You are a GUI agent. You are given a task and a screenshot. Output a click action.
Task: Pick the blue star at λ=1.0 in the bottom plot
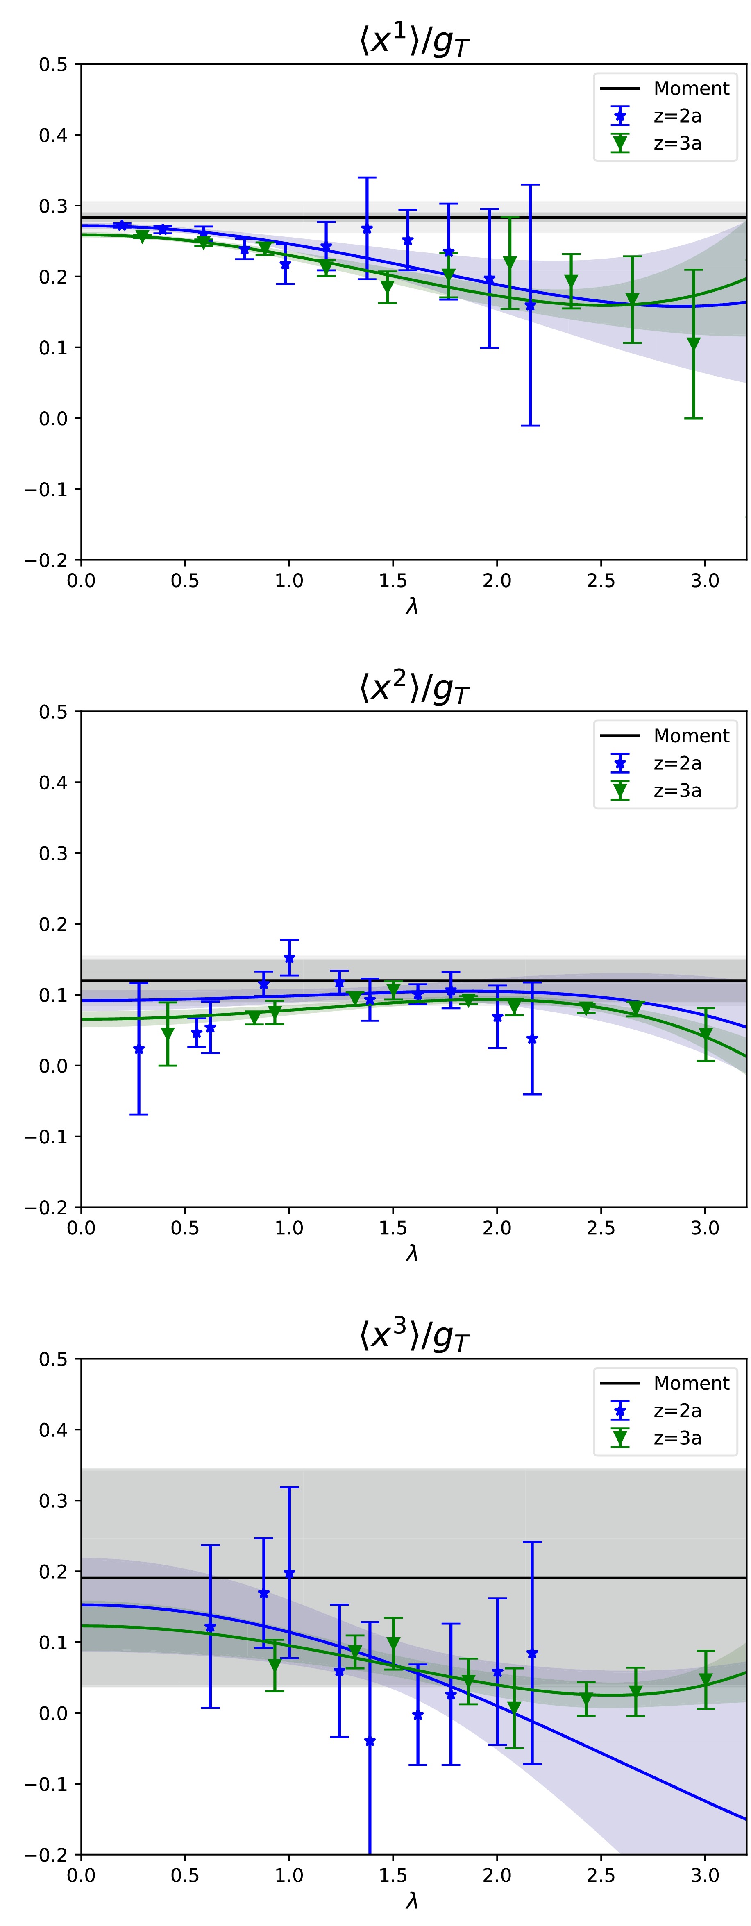pos(290,1573)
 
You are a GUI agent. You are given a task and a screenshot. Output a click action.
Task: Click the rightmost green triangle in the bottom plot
pos(706,1680)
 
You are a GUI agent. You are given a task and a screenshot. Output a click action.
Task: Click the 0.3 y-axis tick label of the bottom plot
pos(53,1501)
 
